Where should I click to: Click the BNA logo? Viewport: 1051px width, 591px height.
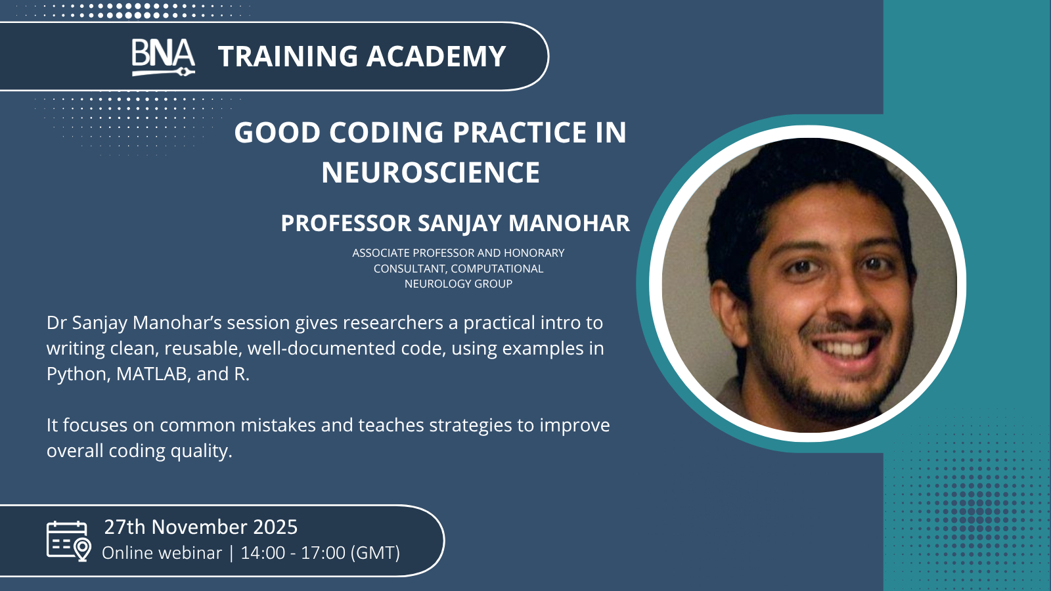coord(163,57)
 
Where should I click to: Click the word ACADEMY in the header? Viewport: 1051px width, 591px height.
coord(436,56)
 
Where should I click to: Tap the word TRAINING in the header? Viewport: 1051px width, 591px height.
coord(288,56)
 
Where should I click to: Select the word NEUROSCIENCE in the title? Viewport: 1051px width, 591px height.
coord(431,172)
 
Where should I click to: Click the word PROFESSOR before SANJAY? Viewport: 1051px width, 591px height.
coord(346,223)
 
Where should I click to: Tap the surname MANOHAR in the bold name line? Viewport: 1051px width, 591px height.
coord(569,223)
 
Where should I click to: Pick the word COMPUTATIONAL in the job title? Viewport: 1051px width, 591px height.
coord(497,269)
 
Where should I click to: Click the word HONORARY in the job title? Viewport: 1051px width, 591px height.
coord(534,253)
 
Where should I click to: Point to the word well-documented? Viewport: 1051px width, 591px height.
coord(347,348)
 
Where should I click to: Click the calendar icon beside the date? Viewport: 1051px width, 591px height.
coord(68,541)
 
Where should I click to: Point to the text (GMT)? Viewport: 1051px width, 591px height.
coord(375,553)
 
